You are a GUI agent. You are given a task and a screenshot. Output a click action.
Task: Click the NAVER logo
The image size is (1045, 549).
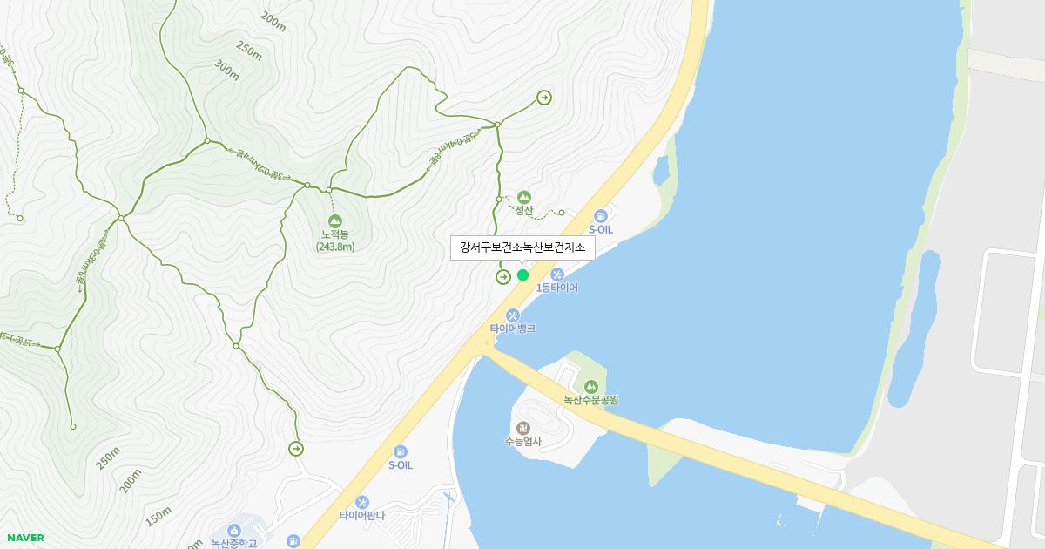coord(25,538)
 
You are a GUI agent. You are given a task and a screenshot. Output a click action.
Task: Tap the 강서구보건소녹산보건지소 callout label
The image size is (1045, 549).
coord(522,248)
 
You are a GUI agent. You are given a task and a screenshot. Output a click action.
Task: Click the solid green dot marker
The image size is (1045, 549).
coord(522,275)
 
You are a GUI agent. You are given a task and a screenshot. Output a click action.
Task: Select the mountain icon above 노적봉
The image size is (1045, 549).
coord(335,220)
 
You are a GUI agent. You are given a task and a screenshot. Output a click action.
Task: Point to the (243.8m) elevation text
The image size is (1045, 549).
coord(335,247)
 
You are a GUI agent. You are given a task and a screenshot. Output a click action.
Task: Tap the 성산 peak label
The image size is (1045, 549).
coord(523,210)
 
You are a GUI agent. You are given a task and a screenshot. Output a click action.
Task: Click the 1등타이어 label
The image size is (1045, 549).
coord(557,288)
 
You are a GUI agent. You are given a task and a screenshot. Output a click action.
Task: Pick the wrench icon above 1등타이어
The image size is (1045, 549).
coord(557,275)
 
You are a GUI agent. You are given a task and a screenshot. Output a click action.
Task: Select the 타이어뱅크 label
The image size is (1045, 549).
coord(512,329)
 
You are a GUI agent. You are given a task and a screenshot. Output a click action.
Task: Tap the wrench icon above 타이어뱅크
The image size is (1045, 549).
coord(513,315)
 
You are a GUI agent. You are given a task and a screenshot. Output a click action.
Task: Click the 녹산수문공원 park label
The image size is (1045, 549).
coord(590,400)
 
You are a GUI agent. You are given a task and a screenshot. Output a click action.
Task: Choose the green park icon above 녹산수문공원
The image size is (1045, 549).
coord(591,386)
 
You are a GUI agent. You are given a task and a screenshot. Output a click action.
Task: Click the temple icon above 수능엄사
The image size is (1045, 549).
coord(522,428)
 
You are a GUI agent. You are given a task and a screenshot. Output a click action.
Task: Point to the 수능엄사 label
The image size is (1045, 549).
coord(522,441)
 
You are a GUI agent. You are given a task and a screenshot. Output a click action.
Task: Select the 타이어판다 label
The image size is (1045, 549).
coord(362,515)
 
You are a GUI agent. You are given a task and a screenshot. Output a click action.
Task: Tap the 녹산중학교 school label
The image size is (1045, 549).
coord(234,543)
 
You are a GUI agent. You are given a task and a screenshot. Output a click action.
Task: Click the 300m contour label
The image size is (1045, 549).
coord(226,71)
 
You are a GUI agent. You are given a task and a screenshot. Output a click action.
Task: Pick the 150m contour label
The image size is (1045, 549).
coord(158,517)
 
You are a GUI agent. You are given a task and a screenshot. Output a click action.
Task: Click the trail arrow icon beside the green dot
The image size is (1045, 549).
coord(503,277)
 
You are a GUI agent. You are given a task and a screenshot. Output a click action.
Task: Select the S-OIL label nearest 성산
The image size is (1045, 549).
coord(601,229)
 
